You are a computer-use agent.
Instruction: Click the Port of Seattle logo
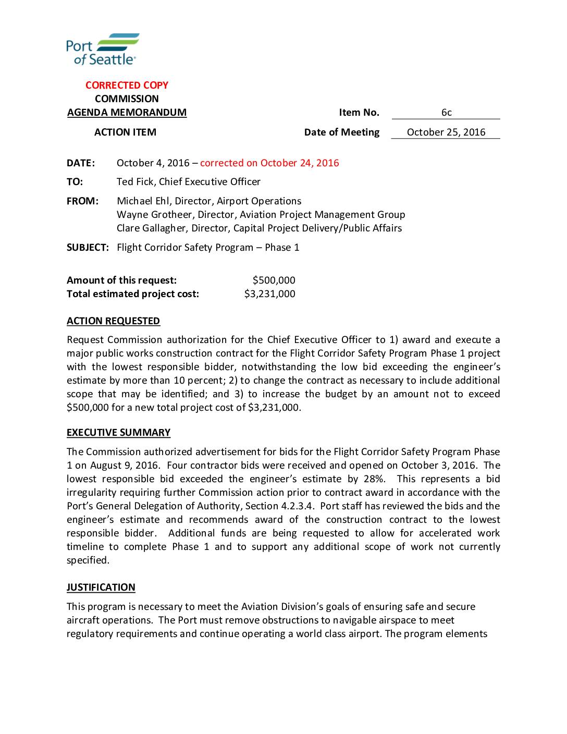(103, 49)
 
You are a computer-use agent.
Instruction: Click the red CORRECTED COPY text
(127, 85)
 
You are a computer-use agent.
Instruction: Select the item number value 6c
(446, 113)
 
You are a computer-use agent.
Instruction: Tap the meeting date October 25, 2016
(446, 132)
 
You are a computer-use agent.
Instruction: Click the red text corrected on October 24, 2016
(269, 163)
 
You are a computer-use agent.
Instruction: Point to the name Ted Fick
(134, 182)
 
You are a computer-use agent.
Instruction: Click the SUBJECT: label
(88, 248)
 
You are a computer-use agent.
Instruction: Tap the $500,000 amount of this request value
(274, 280)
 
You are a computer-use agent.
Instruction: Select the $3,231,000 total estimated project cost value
(269, 294)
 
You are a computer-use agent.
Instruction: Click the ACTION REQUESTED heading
(113, 321)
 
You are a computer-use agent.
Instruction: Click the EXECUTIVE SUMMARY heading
(118, 433)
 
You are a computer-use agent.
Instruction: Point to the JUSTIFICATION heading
(101, 588)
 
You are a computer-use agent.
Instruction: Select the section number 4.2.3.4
(296, 506)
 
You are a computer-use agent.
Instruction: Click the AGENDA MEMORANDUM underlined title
(127, 113)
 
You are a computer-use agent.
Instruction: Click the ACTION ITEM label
(125, 132)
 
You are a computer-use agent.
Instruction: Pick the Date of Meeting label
(341, 132)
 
